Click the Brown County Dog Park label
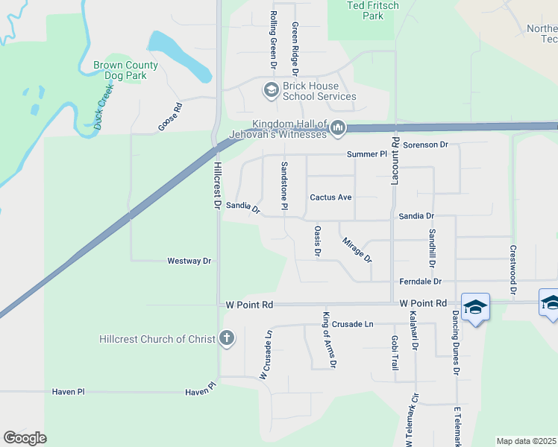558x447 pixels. [x=125, y=70]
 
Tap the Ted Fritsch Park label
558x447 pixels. [x=363, y=10]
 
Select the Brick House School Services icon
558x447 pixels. [x=271, y=91]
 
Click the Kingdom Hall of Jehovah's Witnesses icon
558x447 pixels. [x=338, y=129]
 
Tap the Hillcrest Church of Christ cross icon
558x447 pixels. [x=228, y=339]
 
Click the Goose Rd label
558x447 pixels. [x=169, y=118]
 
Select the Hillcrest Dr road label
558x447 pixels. [x=218, y=185]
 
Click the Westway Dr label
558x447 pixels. [x=189, y=261]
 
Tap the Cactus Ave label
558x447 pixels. [x=330, y=197]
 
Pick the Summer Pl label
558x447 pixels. [x=367, y=154]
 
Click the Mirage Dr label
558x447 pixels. [x=357, y=250]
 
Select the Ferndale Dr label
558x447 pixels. [x=421, y=282]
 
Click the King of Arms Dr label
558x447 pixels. [x=328, y=339]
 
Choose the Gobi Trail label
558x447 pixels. [x=395, y=352]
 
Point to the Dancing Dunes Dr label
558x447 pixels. [x=454, y=342]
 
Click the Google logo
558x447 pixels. [x=25, y=438]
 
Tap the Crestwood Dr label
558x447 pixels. [x=512, y=270]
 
